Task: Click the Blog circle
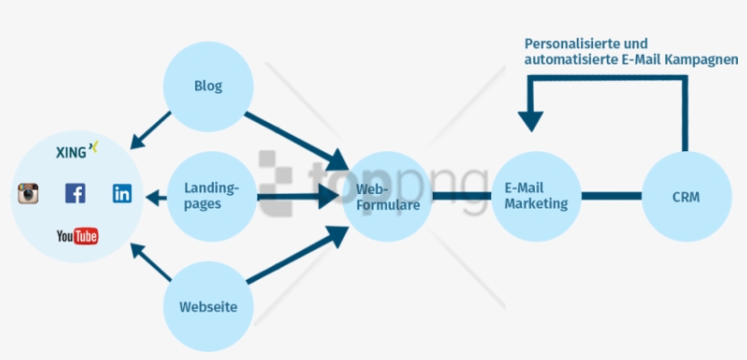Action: click(x=208, y=87)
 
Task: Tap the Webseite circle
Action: click(x=208, y=306)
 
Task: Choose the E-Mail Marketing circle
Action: click(x=535, y=196)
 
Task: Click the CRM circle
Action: click(x=685, y=196)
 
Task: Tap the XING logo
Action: click(x=76, y=150)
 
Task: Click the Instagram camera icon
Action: click(x=29, y=193)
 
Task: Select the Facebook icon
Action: click(x=75, y=193)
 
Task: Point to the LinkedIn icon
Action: click(x=122, y=193)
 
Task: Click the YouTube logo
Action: click(x=77, y=237)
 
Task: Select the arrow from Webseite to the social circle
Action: click(x=150, y=262)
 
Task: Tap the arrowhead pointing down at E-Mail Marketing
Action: click(x=530, y=120)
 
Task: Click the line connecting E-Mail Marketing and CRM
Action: click(x=611, y=195)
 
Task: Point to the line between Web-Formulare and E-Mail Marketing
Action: click(x=460, y=195)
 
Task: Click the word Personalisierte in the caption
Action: click(x=567, y=43)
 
